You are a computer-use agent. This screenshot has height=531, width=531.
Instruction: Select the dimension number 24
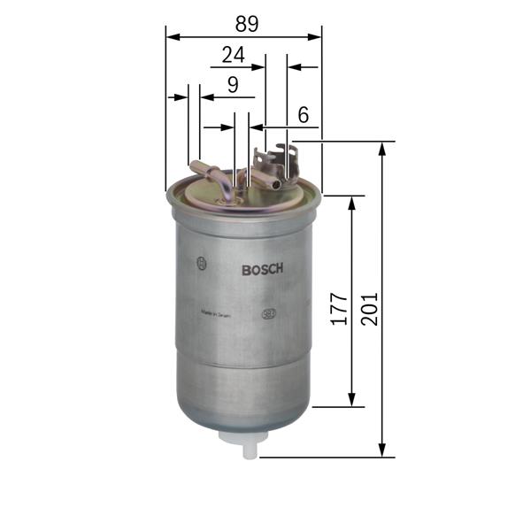233,55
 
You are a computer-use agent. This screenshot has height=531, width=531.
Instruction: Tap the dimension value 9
233,85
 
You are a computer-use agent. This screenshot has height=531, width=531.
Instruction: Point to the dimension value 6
303,114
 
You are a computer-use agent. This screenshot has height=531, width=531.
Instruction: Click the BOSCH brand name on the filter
262,270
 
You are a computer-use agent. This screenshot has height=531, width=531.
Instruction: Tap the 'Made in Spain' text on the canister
217,313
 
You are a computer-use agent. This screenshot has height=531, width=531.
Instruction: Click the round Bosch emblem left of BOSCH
203,263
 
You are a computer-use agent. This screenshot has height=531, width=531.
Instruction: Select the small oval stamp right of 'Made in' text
267,313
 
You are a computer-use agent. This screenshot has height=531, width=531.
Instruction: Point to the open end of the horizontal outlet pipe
277,184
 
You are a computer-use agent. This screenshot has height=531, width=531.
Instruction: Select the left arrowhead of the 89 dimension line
171,37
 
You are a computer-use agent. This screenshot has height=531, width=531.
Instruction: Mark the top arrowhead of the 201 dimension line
382,147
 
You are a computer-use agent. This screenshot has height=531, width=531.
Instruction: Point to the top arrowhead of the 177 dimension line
352,201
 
